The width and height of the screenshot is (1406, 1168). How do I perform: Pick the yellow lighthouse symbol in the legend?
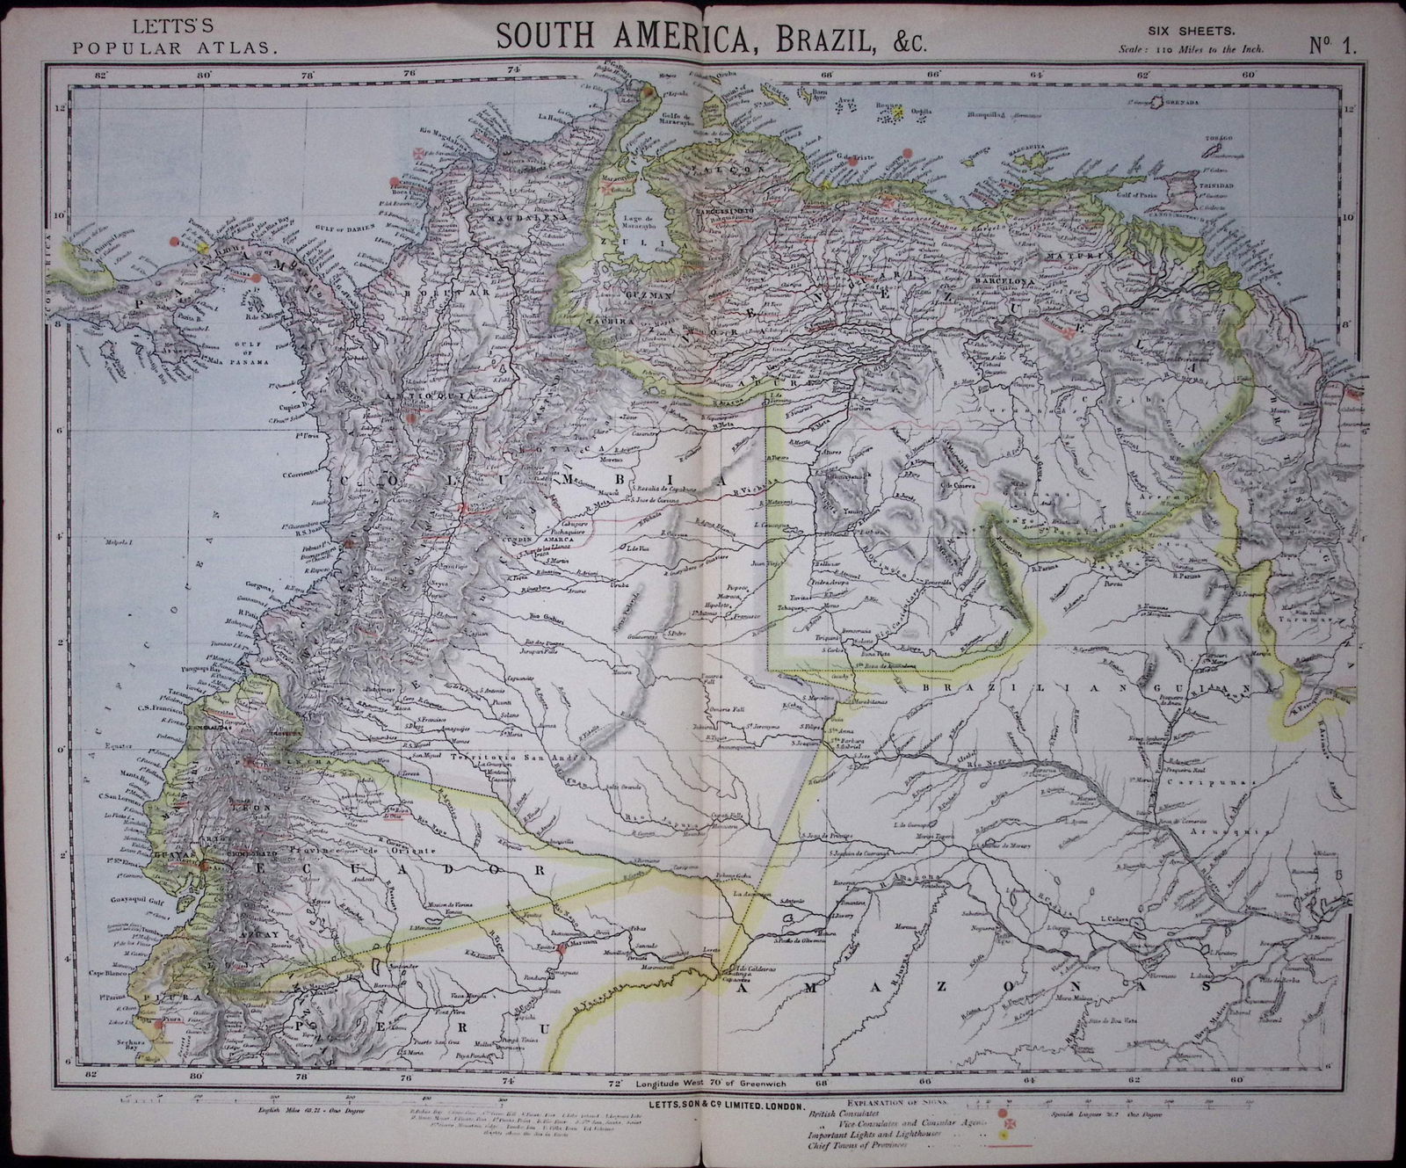[x=1003, y=1140]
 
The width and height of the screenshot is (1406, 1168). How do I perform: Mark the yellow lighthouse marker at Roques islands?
[x=898, y=114]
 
